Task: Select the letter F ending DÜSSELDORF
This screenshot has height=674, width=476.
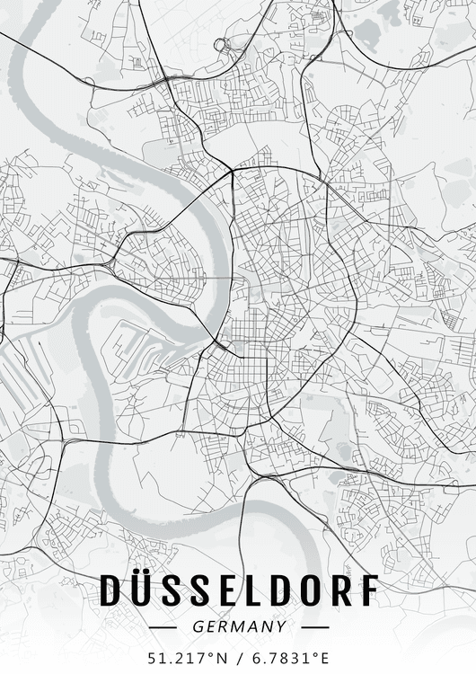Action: coord(368,590)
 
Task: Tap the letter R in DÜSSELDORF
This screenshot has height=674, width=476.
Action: coord(339,590)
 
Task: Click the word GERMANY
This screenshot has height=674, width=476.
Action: coord(239,627)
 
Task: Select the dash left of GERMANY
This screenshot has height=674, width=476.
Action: coord(168,627)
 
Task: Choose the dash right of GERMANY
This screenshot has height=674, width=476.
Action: coord(310,627)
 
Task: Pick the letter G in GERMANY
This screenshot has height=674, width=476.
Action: coord(197,627)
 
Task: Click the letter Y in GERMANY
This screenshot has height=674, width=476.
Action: coord(282,627)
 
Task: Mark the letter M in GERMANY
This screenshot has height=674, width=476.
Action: coord(239,627)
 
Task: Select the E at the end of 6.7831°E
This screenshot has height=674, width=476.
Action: coord(324,656)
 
